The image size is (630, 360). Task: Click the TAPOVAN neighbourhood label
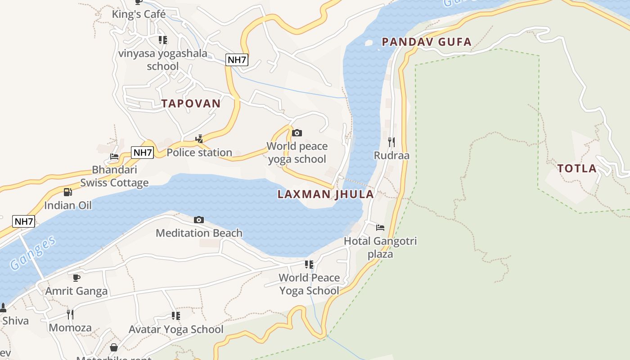click(x=191, y=103)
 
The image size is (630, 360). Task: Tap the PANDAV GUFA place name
click(x=427, y=42)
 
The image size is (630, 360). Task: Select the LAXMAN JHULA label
click(x=326, y=194)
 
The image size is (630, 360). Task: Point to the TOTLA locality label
click(x=577, y=169)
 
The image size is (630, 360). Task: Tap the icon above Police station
click(x=199, y=139)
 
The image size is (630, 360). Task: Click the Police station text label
click(x=199, y=153)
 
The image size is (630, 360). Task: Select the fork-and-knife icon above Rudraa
click(x=391, y=142)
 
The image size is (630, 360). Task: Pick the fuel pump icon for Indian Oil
click(x=67, y=192)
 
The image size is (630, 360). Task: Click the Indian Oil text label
click(x=68, y=206)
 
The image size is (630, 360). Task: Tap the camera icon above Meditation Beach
click(x=199, y=220)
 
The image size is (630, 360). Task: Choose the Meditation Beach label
click(x=199, y=233)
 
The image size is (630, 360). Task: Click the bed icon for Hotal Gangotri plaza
click(x=380, y=228)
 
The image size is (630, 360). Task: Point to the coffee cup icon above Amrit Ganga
click(x=76, y=278)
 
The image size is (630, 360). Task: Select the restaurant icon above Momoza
click(x=70, y=314)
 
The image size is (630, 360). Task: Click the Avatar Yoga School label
click(x=176, y=329)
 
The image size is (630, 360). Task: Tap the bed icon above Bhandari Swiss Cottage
click(x=114, y=157)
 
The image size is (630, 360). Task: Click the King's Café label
click(x=139, y=14)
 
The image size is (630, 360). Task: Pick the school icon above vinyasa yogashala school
click(x=163, y=40)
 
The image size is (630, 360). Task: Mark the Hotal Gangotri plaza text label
click(x=380, y=247)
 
